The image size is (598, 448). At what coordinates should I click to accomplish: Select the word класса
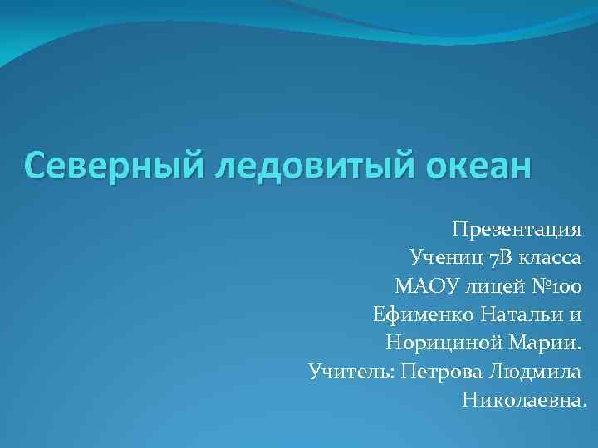[547, 256]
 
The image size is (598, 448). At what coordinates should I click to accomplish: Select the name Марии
[545, 343]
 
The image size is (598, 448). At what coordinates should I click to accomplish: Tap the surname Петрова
[440, 373]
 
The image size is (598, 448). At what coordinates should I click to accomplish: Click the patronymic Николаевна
[524, 402]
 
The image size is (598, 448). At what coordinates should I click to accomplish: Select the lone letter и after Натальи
[576, 314]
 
